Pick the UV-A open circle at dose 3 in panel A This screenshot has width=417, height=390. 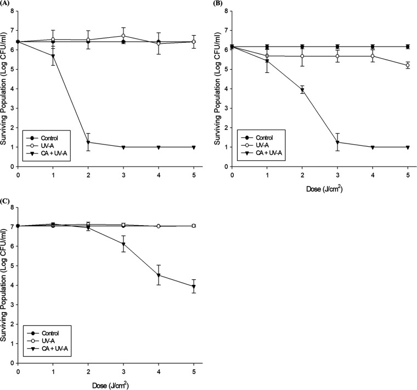coord(124,36)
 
